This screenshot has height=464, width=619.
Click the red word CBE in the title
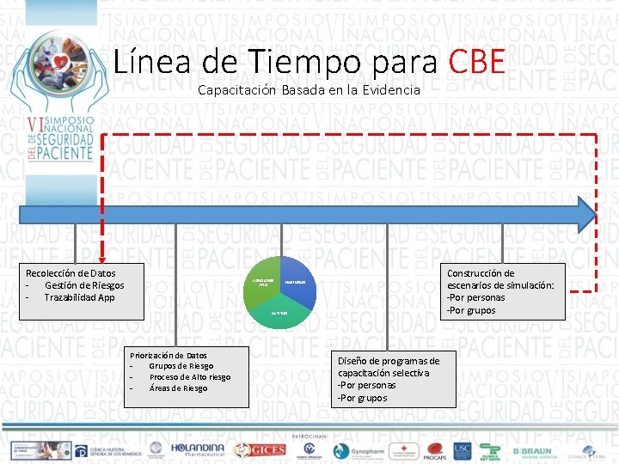(x=476, y=62)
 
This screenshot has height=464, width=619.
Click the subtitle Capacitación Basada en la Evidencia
(x=309, y=89)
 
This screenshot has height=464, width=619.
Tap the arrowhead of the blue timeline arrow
(x=587, y=214)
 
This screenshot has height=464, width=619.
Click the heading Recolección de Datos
(x=70, y=273)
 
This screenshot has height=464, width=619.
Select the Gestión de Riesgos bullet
(x=83, y=285)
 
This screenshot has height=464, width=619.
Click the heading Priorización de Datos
(x=168, y=355)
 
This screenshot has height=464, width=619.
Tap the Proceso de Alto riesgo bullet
(x=189, y=377)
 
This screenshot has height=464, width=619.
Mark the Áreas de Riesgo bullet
(x=178, y=388)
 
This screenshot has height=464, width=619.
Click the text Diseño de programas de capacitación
(x=389, y=367)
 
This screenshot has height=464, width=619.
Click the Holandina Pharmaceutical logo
(x=197, y=449)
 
